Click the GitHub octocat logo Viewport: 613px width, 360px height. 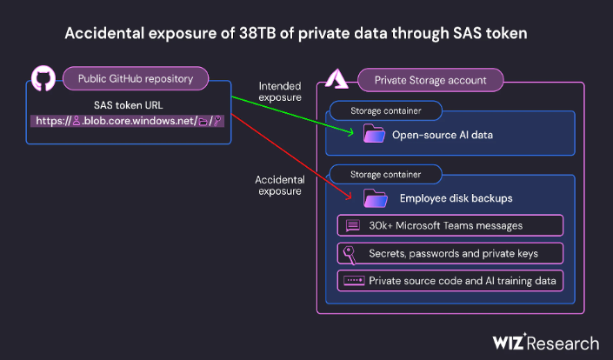43,78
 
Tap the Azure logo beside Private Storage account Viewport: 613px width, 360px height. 336,79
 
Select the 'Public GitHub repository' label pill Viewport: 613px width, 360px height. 136,78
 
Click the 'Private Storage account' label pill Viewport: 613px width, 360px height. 430,80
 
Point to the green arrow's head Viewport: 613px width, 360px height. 350,132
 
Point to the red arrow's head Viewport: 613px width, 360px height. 349,196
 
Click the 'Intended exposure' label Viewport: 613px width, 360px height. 280,91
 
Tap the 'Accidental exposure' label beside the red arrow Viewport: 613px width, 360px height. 280,185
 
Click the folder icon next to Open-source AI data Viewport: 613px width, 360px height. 374,133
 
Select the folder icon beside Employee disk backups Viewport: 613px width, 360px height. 376,197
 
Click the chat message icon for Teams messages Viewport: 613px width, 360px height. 353,225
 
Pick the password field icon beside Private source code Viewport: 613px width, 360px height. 354,280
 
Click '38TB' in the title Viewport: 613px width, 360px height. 257,33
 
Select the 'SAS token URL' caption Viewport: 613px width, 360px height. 128,105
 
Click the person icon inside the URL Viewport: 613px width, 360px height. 77,121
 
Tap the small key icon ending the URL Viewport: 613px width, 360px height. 217,121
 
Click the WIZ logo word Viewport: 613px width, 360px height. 509,342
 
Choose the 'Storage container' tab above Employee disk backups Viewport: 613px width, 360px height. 385,174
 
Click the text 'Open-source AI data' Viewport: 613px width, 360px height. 443,135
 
